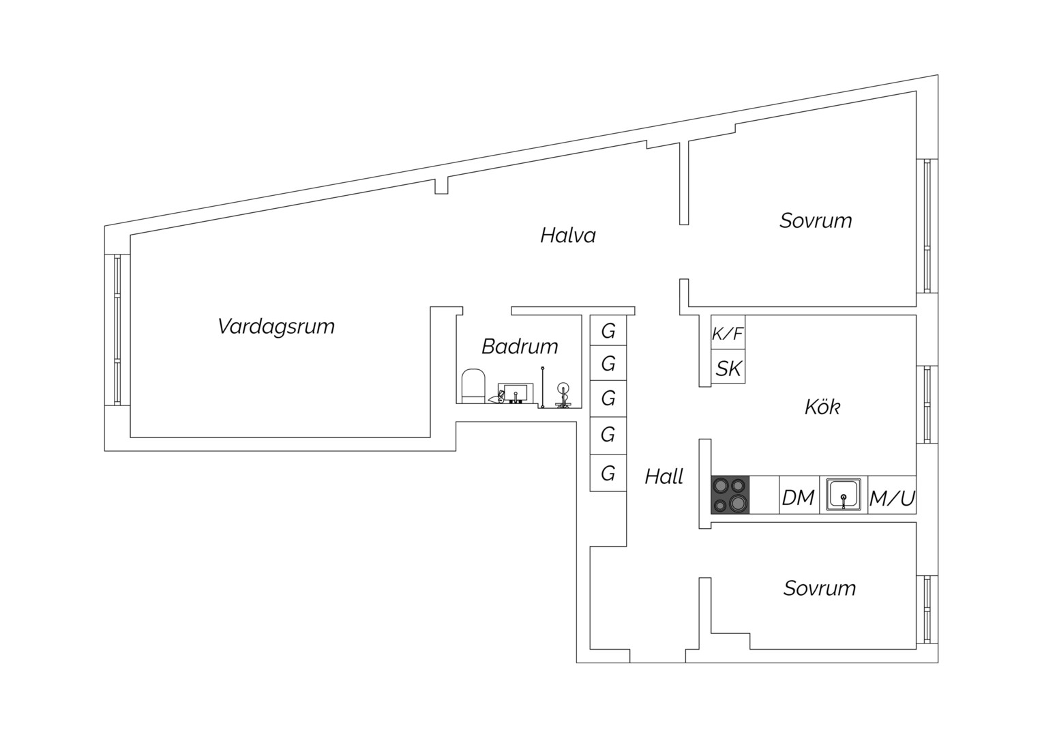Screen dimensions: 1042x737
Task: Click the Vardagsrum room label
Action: pos(276,326)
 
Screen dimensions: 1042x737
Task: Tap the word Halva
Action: pos(568,235)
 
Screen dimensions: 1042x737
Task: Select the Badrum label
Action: pos(520,347)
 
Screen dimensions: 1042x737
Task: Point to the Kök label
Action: pos(822,407)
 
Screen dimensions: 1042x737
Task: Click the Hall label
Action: pos(664,476)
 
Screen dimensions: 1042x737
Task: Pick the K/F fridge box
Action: pos(728,332)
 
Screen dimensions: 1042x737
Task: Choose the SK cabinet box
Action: pos(728,366)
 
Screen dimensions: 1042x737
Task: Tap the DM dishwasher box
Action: pos(799,495)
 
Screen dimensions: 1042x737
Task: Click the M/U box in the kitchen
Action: pos(892,495)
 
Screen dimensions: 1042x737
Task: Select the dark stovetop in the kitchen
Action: pos(730,495)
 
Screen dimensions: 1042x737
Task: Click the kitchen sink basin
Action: pos(844,495)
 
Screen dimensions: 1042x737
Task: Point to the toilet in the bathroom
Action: pos(473,386)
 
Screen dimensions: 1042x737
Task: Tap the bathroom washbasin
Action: pos(512,394)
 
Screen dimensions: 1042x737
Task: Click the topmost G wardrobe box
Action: pos(608,330)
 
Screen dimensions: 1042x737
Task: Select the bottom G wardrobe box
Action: pos(608,473)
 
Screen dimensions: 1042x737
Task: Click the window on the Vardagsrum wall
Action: pos(117,330)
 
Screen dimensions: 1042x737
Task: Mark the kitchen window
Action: pos(927,405)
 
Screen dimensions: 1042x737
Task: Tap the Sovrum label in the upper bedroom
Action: pos(816,220)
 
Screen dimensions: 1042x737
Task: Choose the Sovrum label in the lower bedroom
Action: pos(820,588)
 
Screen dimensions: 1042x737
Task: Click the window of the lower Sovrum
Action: pos(927,609)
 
